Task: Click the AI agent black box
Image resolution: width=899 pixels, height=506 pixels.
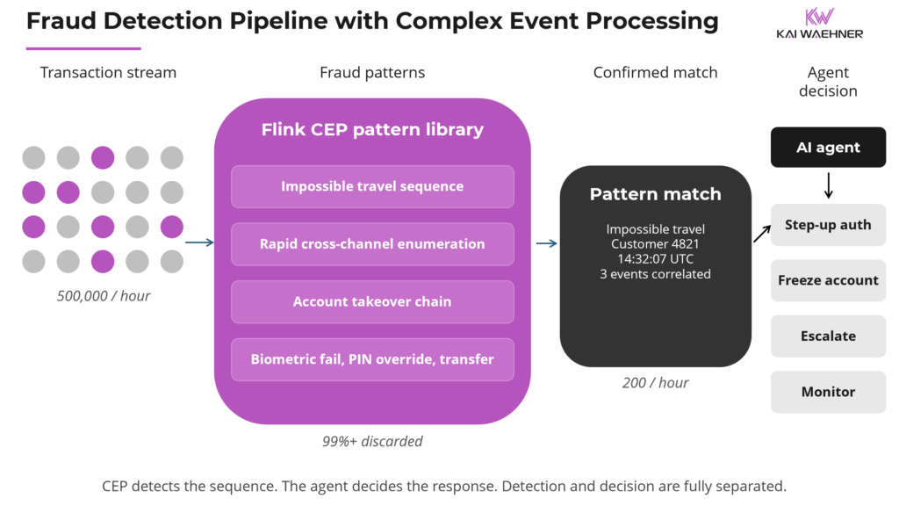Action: click(x=828, y=148)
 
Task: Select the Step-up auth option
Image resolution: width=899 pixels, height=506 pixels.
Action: click(x=828, y=225)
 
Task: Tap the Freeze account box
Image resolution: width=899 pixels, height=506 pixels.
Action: click(x=828, y=280)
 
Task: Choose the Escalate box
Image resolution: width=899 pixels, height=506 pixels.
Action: click(x=828, y=336)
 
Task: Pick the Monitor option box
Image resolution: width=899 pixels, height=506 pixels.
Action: click(x=828, y=392)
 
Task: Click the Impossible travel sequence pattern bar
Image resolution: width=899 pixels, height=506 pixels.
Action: click(x=372, y=186)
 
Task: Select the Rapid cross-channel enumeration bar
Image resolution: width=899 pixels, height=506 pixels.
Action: click(x=372, y=243)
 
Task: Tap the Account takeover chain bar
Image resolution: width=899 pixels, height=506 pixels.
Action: click(x=372, y=301)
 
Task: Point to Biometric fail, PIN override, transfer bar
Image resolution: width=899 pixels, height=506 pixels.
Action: click(x=372, y=359)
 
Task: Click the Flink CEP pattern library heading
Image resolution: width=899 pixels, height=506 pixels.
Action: click(x=372, y=130)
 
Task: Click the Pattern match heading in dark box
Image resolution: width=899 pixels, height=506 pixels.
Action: click(x=655, y=194)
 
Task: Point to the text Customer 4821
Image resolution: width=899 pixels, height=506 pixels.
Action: click(x=655, y=244)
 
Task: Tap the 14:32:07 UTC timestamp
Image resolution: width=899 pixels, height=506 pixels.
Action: click(x=655, y=259)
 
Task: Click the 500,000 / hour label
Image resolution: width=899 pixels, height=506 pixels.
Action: click(x=104, y=296)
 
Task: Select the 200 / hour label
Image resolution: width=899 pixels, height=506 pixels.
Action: click(x=655, y=383)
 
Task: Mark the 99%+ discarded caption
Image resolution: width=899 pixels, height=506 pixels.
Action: click(x=372, y=441)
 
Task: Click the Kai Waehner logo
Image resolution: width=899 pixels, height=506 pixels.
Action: click(x=819, y=24)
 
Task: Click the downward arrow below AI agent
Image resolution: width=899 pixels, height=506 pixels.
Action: click(x=828, y=185)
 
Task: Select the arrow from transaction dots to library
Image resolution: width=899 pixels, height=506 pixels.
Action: click(x=200, y=242)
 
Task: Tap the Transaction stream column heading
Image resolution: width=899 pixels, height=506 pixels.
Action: click(x=108, y=73)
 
